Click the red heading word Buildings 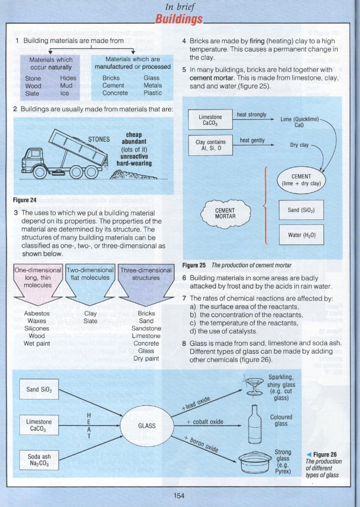(179, 19)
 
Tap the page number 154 (180, 495)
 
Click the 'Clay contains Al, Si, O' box (210, 145)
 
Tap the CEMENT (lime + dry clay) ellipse (301, 180)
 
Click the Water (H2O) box (301, 235)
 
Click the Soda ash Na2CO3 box (39, 460)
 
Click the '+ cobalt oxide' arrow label (206, 422)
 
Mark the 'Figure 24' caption (24, 201)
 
